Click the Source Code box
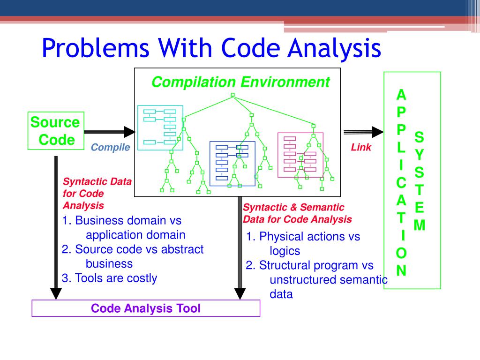point(55,131)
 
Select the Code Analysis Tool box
point(145,308)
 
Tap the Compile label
point(110,148)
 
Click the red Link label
point(361,148)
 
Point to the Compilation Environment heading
point(240,82)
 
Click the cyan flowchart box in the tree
point(160,127)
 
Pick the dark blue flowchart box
point(232,161)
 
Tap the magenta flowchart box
point(300,155)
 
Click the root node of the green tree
point(232,95)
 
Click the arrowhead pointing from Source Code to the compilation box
point(129,132)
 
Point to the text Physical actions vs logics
point(303,243)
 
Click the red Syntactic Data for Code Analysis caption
point(97,194)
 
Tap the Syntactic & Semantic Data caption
point(297,213)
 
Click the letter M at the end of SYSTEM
point(420,226)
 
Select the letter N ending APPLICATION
point(402,271)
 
